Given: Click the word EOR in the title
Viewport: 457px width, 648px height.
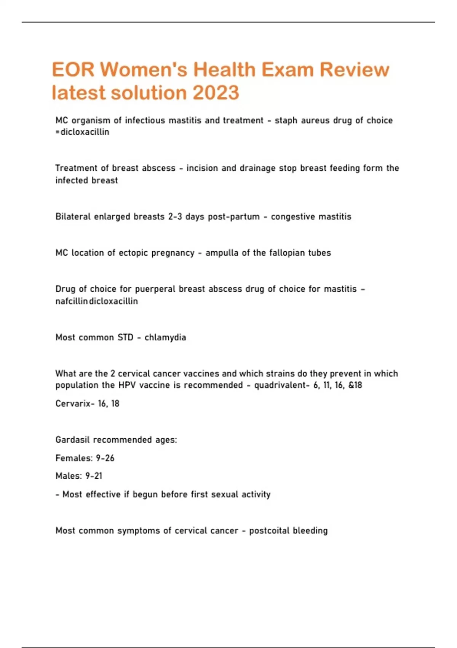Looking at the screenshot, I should (73, 70).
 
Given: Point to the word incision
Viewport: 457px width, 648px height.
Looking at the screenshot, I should (203, 168).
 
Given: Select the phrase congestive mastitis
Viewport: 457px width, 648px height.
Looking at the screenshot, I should (311, 217).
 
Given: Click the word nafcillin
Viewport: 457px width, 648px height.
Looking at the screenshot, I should (72, 301).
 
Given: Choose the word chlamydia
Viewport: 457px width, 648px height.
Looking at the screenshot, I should (165, 337).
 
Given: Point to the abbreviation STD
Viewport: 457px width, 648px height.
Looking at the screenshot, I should (125, 337).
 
